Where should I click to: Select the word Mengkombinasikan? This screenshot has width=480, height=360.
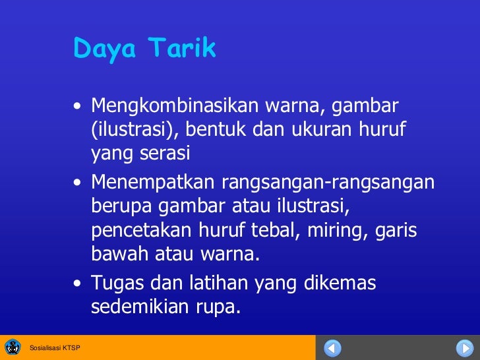click(x=175, y=105)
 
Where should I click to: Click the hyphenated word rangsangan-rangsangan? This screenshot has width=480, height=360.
click(x=328, y=181)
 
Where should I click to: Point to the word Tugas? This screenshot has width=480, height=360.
click(x=112, y=284)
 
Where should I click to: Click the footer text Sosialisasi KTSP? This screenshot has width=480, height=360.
click(x=55, y=347)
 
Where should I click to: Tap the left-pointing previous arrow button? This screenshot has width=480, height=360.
click(x=334, y=347)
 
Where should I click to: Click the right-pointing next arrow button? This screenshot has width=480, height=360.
click(x=464, y=347)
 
